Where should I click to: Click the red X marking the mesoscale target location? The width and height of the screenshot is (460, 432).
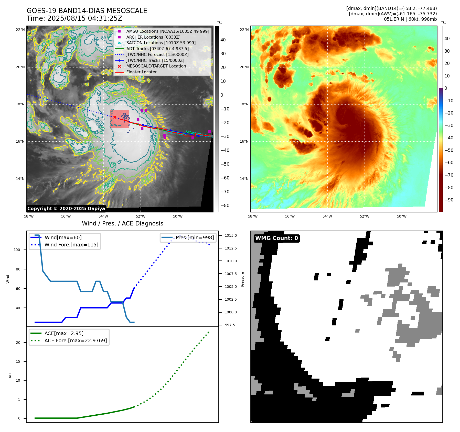coord(115,117)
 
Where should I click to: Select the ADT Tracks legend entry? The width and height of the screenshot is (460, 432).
coord(157,49)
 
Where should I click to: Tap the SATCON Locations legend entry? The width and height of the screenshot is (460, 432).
coord(161,43)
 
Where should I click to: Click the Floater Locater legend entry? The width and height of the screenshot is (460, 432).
coord(141,72)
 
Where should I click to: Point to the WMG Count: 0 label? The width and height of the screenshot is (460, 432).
coord(276,238)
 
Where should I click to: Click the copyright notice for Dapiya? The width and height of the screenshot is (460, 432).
coord(66,209)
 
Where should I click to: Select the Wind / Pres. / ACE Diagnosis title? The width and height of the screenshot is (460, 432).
coord(122,223)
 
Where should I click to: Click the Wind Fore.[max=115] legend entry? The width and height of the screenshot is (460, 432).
coord(71,245)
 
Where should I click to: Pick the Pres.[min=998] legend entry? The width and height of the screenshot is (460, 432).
coord(195,237)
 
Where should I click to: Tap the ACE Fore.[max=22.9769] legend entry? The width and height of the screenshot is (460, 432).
coord(76,340)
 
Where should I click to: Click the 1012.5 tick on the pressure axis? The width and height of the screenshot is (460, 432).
coord(231,248)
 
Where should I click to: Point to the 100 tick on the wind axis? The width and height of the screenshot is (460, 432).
coord(17,250)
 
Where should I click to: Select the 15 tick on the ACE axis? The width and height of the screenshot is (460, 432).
coord(18,361)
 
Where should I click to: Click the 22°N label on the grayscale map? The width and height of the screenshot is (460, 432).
coord(20,30)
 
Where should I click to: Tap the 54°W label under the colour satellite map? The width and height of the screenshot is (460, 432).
coord(327,216)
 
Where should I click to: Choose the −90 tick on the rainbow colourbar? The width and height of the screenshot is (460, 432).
coord(449,200)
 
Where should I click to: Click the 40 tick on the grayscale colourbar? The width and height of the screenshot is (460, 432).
coord(223,40)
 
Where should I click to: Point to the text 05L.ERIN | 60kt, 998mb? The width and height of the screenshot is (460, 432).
coord(410,19)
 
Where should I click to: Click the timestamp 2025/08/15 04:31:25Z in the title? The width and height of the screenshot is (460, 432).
coord(85,18)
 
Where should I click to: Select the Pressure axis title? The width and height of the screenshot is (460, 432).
coord(242,279)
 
